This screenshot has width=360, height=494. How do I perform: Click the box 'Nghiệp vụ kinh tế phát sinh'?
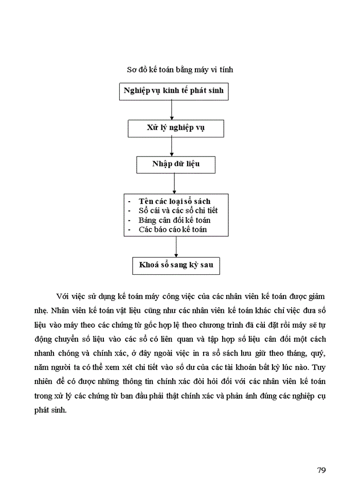pos(173,91)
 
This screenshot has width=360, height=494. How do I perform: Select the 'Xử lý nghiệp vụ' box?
pos(175,128)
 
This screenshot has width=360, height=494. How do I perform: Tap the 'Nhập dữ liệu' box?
pos(175,164)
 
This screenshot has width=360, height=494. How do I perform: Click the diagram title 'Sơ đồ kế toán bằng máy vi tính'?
pos(179,69)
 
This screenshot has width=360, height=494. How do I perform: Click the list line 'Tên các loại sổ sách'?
pos(174,201)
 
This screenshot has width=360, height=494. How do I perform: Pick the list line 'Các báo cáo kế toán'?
pos(172,229)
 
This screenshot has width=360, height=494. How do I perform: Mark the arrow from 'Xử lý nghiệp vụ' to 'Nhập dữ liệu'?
pos(171,147)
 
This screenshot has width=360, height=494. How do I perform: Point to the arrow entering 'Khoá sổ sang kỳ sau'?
pos(176,246)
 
